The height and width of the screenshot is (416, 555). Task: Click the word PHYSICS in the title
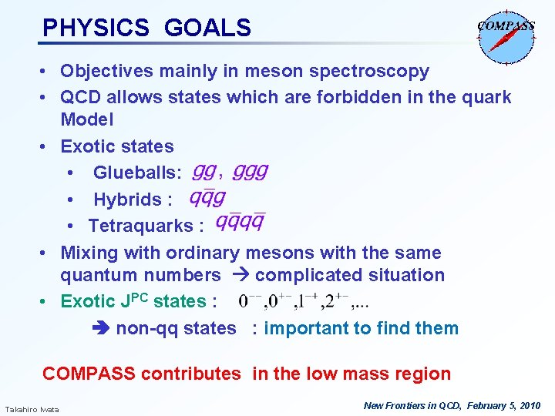click(x=96, y=29)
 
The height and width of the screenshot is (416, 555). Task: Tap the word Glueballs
click(x=137, y=173)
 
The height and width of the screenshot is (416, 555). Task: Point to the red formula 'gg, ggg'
click(x=230, y=171)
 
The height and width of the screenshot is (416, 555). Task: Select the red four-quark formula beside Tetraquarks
click(x=240, y=223)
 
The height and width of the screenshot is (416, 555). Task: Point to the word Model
click(x=86, y=119)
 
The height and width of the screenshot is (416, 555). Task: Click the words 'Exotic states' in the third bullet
click(x=117, y=146)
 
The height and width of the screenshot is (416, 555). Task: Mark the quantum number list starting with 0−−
click(x=304, y=301)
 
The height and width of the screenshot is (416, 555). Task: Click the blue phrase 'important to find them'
click(x=361, y=328)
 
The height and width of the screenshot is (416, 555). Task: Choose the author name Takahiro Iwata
click(x=32, y=408)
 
